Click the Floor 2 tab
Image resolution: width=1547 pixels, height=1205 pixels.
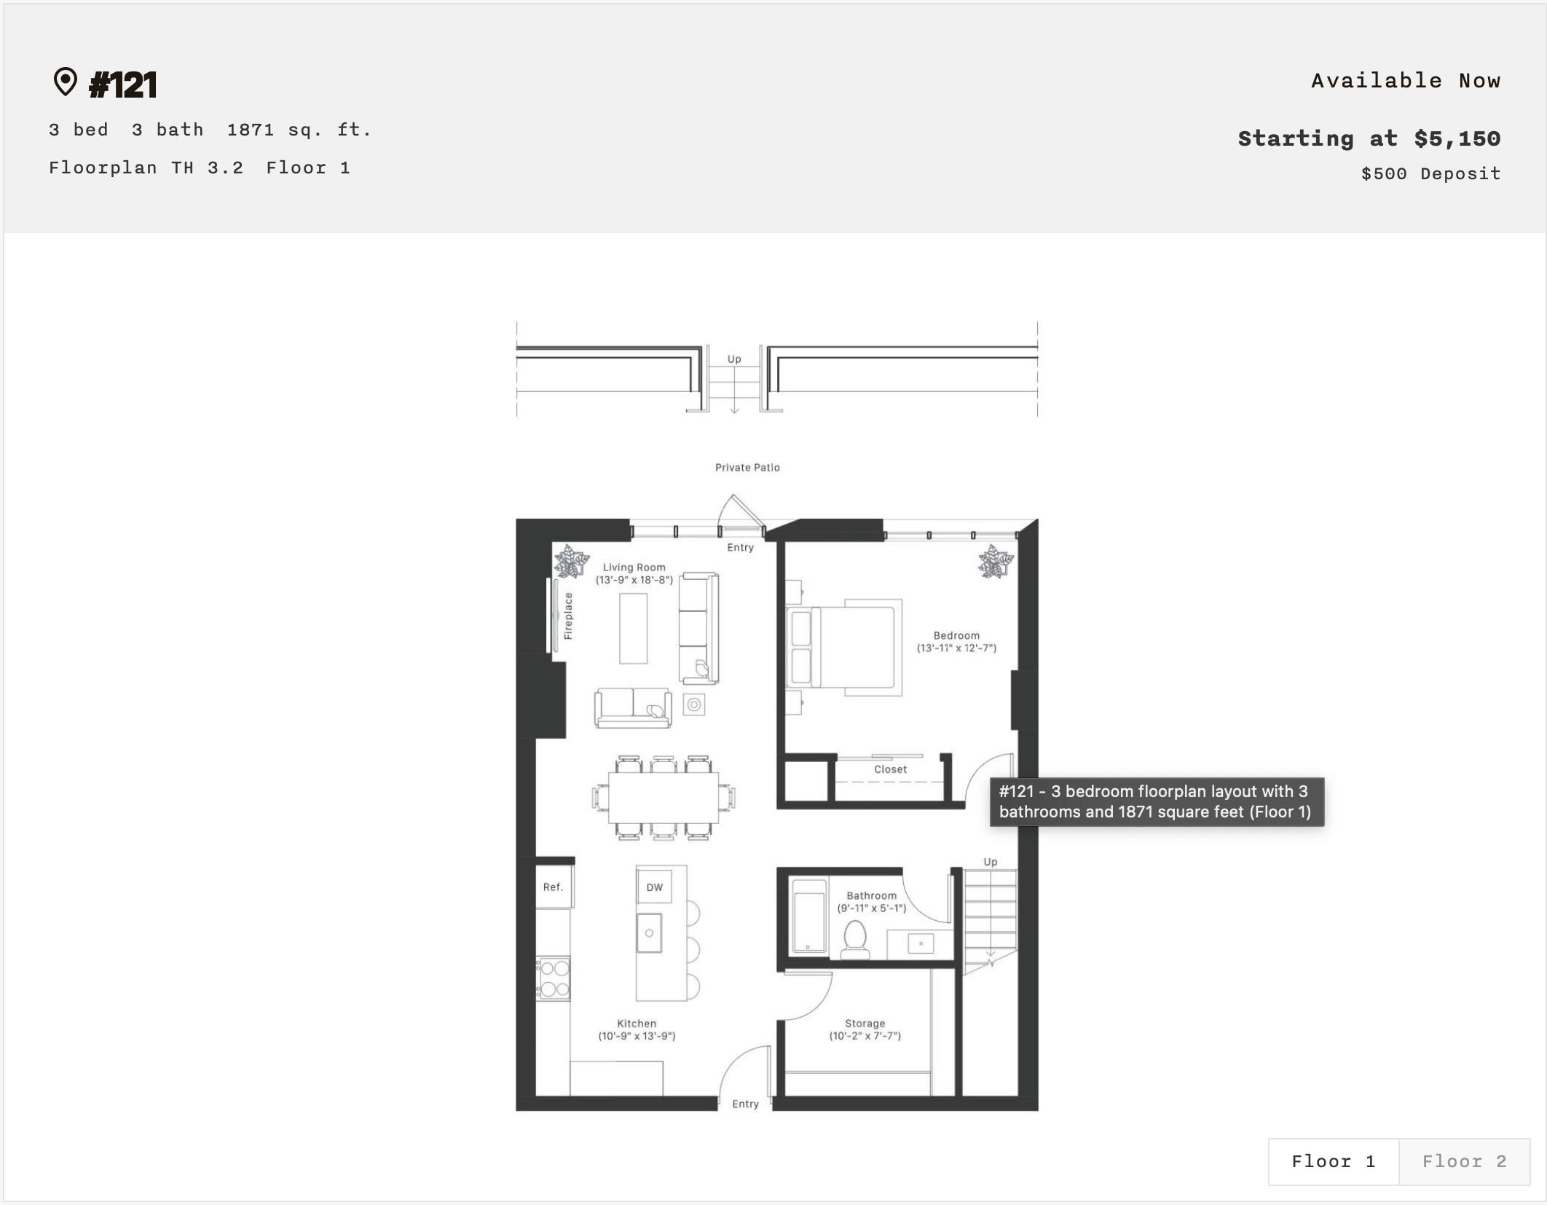[x=1464, y=1161]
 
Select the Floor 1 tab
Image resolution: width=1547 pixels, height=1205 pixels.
[x=1333, y=1161]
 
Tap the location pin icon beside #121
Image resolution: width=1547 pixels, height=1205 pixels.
[x=66, y=82]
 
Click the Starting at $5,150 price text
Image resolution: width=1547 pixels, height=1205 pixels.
[x=1369, y=138]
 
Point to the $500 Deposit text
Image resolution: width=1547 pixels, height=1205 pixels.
[x=1430, y=173]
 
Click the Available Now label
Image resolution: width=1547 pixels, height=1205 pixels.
[x=1405, y=81]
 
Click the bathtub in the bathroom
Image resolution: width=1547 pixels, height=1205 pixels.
[x=808, y=916]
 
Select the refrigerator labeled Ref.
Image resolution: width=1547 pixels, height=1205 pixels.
[x=554, y=887]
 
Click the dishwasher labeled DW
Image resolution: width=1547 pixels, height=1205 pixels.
[x=654, y=887]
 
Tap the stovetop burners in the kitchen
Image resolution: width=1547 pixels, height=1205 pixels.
[x=554, y=978]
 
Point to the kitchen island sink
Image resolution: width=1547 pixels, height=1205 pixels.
[x=649, y=933]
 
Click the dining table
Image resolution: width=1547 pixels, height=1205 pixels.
[x=663, y=797]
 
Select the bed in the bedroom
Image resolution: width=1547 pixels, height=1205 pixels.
[x=849, y=647]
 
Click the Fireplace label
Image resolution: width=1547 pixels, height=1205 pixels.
[x=568, y=616]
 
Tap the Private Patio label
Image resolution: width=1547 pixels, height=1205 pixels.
[x=747, y=468]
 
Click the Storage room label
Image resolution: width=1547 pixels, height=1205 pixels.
[x=865, y=1024]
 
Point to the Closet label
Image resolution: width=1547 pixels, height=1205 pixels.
[x=890, y=769]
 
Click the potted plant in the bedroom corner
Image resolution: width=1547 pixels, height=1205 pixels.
[x=995, y=562]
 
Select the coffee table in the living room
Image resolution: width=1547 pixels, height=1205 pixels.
[x=633, y=628]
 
